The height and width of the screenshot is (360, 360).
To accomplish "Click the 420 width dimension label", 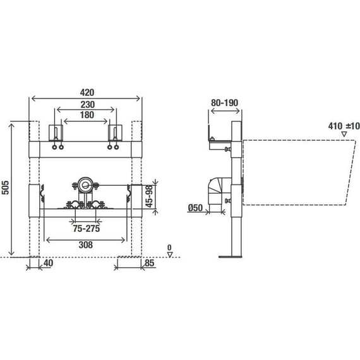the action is click(x=87, y=92).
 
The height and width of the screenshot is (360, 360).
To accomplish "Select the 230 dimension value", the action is click(x=88, y=105).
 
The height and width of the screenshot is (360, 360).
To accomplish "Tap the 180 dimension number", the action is click(x=87, y=115).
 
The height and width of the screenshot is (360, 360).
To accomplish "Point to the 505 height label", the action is click(x=5, y=188).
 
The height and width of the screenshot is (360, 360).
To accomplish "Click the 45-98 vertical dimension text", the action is click(x=150, y=196).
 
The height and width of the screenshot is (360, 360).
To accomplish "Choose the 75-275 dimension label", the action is click(x=87, y=229).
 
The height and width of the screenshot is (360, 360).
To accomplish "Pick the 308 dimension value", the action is click(x=86, y=245).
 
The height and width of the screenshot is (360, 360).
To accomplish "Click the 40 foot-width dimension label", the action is click(x=48, y=263).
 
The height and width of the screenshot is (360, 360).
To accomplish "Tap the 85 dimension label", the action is click(x=150, y=263).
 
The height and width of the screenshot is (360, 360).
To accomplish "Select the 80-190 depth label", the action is click(x=224, y=103).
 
